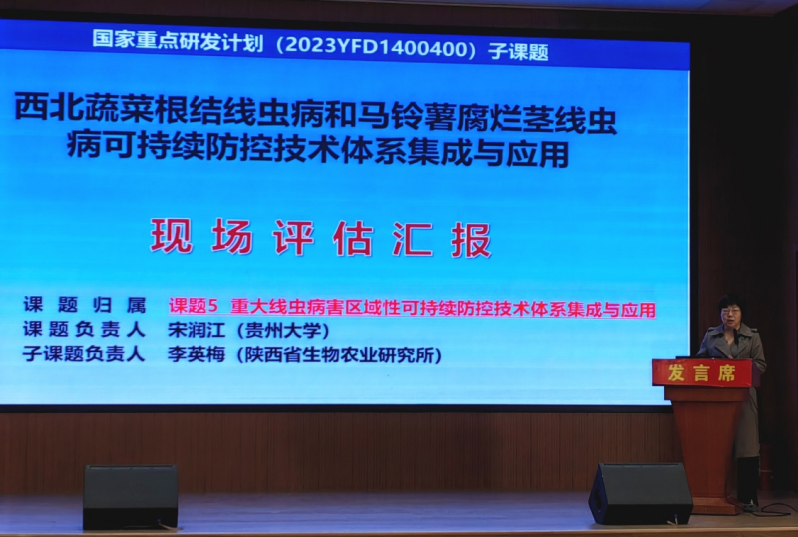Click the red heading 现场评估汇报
(x=320, y=238)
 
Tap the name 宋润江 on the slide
(x=197, y=330)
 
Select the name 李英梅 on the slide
(x=197, y=354)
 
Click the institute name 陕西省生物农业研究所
(x=339, y=355)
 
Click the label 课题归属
(x=85, y=305)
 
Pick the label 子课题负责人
(x=84, y=354)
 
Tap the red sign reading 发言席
(x=702, y=373)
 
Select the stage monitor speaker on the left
(x=131, y=496)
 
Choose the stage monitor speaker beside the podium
(x=640, y=493)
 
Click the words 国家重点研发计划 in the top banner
(x=179, y=40)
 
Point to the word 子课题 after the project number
(x=518, y=52)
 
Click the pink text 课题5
(x=194, y=306)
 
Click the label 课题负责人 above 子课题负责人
(x=84, y=330)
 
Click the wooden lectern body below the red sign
(x=706, y=443)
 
